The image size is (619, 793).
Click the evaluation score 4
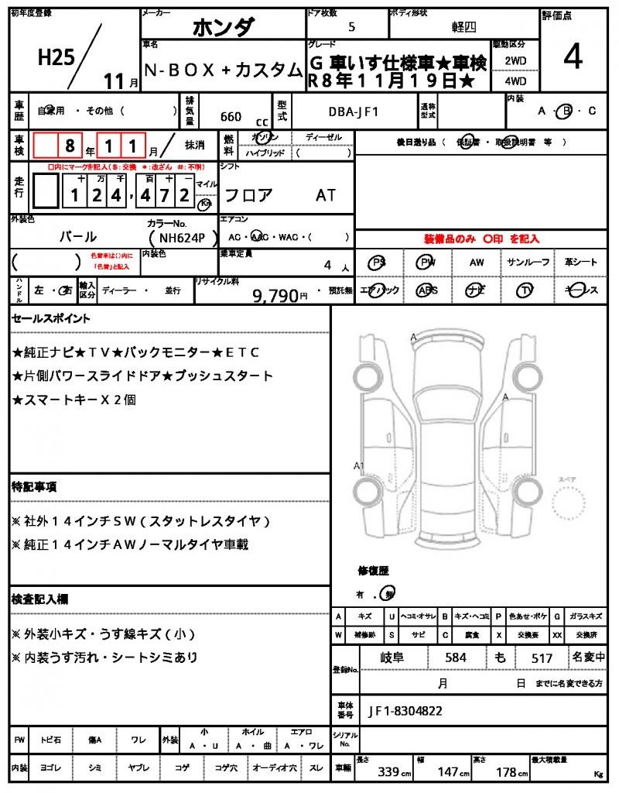(x=573, y=58)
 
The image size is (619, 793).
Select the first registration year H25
(x=55, y=57)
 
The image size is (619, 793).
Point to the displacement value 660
(x=231, y=117)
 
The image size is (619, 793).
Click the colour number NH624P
(x=178, y=238)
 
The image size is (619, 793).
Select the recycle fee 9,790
(x=275, y=294)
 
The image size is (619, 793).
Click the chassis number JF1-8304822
(x=406, y=709)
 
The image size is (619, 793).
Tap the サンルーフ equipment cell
(x=528, y=263)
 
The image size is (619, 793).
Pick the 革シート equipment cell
(x=580, y=263)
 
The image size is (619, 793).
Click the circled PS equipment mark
(x=378, y=263)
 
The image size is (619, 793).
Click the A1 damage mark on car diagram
(x=358, y=465)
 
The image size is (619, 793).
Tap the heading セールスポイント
(x=51, y=318)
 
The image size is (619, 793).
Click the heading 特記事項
(x=34, y=486)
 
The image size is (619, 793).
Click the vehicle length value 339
(x=388, y=772)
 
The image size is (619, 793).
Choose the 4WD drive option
(x=515, y=80)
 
